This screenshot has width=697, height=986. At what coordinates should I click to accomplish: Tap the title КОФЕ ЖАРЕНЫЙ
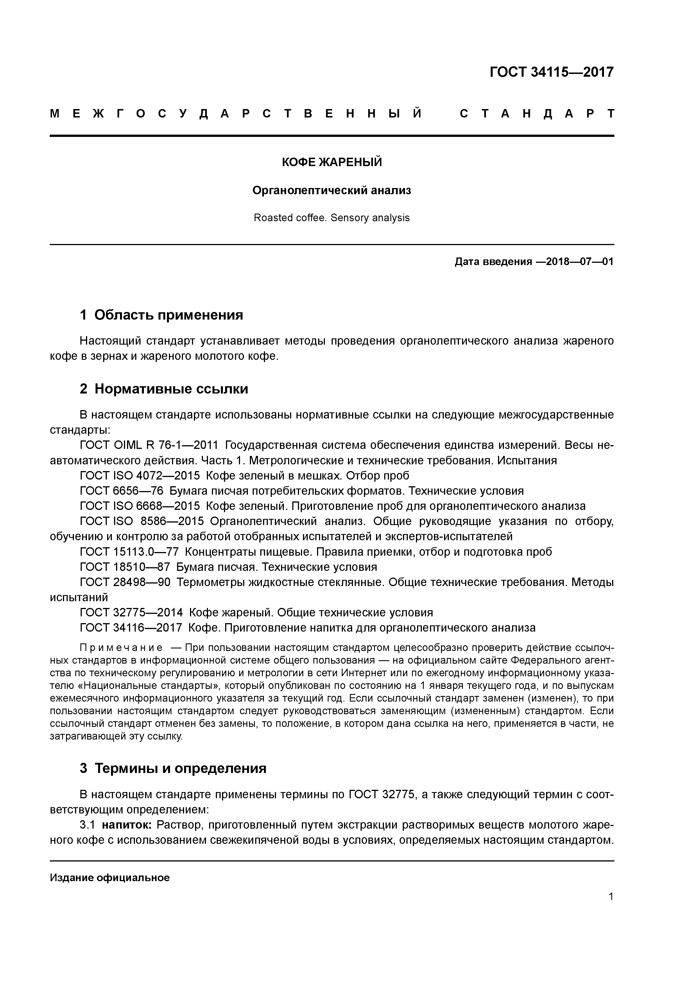(x=332, y=162)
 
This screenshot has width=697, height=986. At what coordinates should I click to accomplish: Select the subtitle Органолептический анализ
(x=332, y=190)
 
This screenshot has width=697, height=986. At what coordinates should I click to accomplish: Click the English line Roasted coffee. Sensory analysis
(x=332, y=218)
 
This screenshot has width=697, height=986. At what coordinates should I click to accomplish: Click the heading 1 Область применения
(x=162, y=315)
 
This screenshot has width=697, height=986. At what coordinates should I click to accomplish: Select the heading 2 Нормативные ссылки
(x=164, y=389)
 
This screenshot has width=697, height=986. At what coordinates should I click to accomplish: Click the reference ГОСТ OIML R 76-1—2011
(x=149, y=445)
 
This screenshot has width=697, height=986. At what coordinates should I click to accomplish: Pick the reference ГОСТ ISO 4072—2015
(x=140, y=476)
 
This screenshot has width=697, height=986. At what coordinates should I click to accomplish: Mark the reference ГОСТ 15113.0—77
(x=129, y=552)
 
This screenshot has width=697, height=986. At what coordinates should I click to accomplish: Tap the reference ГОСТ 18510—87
(x=125, y=567)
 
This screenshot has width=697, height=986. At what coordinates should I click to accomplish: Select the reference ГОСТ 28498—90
(x=125, y=582)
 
